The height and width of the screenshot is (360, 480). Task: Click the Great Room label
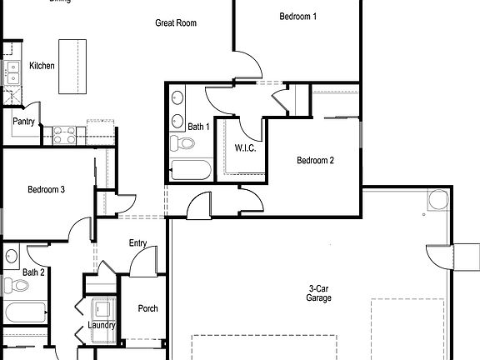tap(176, 22)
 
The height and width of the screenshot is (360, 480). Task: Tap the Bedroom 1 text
tap(297, 16)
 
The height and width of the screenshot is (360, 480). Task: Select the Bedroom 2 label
tap(315, 161)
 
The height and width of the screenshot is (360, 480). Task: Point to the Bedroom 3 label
tap(46, 190)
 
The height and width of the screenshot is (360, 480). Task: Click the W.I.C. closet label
tap(244, 148)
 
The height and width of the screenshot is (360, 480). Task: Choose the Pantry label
tap(23, 121)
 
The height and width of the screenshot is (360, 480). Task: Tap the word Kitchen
tap(42, 65)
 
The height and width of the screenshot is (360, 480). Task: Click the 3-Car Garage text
tap(318, 292)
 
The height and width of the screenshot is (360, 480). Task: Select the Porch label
tap(147, 308)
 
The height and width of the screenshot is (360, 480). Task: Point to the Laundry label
tap(101, 325)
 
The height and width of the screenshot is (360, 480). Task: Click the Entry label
tap(138, 243)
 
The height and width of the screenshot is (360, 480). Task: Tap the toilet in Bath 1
tap(182, 144)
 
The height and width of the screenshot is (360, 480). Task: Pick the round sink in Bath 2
tap(10, 256)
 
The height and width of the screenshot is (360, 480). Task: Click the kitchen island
tap(72, 66)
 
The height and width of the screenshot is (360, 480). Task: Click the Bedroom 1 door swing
tap(245, 67)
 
